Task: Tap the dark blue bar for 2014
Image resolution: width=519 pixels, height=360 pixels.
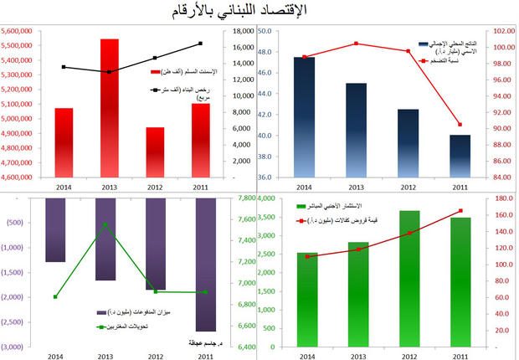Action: point(304,116)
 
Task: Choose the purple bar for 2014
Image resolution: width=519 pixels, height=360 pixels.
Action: point(55,230)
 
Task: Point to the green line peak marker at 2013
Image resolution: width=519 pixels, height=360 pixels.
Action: point(105,224)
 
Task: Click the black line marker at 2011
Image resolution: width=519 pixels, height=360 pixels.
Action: point(201,43)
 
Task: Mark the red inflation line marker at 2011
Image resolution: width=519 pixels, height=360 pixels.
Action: point(460,124)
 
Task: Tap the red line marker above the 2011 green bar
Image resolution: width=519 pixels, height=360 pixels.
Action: point(460,211)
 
